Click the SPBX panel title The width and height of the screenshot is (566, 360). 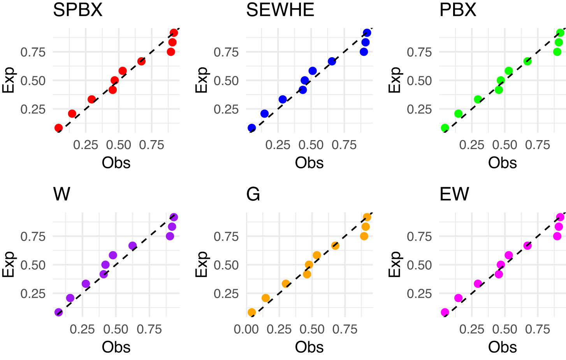click(77, 10)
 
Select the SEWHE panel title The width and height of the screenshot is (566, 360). click(280, 10)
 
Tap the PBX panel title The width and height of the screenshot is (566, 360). click(457, 10)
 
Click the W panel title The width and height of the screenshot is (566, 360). click(62, 194)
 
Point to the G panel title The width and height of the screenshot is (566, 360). click(253, 194)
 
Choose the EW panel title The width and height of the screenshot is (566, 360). click(454, 194)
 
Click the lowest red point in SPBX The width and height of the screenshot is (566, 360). click(58, 128)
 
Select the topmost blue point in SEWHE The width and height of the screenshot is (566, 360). click(367, 33)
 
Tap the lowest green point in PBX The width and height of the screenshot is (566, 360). click(445, 128)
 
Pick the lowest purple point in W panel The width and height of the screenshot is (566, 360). click(58, 312)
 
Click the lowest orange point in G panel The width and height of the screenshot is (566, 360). click(252, 312)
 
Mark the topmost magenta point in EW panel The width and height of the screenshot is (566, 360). click(560, 217)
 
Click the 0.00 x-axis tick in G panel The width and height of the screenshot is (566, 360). click(246, 329)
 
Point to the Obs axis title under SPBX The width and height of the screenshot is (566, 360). click(116, 163)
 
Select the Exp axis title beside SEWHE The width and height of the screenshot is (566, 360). click(201, 80)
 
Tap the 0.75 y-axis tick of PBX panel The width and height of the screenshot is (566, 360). click(419, 52)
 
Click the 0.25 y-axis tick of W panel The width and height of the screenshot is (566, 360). click(33, 294)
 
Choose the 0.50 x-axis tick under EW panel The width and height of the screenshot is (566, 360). click(504, 329)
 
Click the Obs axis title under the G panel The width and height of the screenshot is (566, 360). click(309, 347)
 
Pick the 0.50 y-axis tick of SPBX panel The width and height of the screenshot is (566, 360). click(33, 81)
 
